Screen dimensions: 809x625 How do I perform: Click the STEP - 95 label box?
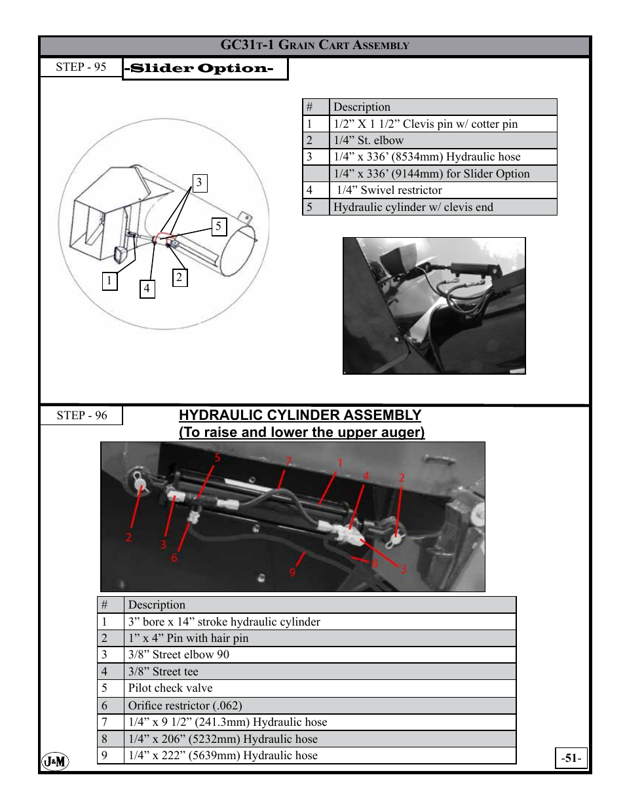(81, 67)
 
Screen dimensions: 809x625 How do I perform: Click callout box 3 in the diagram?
(200, 183)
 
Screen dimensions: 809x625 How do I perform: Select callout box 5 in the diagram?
(219, 227)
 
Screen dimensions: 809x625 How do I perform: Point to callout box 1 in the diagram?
(109, 281)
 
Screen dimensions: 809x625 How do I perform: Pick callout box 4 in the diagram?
(147, 289)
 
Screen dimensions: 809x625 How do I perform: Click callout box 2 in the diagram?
(180, 278)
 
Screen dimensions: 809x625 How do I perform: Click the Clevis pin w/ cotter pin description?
(426, 124)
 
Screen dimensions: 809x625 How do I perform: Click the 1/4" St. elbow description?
(369, 140)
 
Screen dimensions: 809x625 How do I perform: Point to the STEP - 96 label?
(82, 415)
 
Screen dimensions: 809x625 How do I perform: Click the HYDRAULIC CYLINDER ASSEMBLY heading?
(300, 415)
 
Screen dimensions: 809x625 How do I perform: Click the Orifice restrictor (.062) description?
(185, 706)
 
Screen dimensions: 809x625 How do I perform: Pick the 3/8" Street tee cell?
(163, 671)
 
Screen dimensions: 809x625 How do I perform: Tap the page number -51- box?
(571, 758)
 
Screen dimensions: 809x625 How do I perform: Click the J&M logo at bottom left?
(56, 761)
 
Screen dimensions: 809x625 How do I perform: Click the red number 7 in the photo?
(288, 461)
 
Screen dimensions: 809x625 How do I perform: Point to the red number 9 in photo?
(292, 572)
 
